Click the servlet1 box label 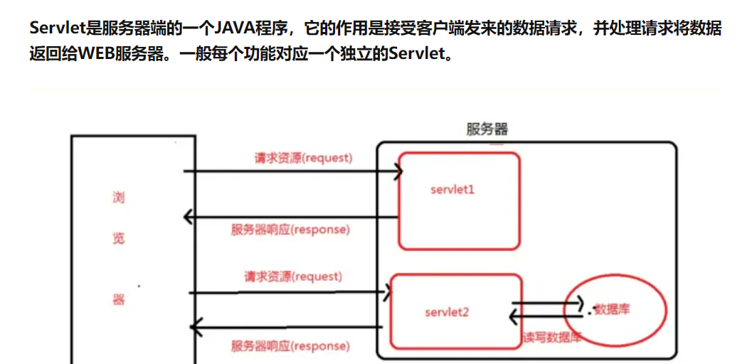tap(452, 190)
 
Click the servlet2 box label tap(447, 311)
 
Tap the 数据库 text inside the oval tap(613, 309)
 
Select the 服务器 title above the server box tap(487, 129)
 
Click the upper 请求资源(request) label tap(304, 158)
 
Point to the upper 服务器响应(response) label tap(290, 230)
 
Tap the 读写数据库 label tap(552, 338)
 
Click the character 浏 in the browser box tap(118, 197)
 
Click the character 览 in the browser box tap(118, 238)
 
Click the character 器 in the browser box tap(118, 299)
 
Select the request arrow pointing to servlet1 tap(292, 171)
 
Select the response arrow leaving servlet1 tap(292, 217)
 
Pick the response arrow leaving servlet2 tap(288, 328)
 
